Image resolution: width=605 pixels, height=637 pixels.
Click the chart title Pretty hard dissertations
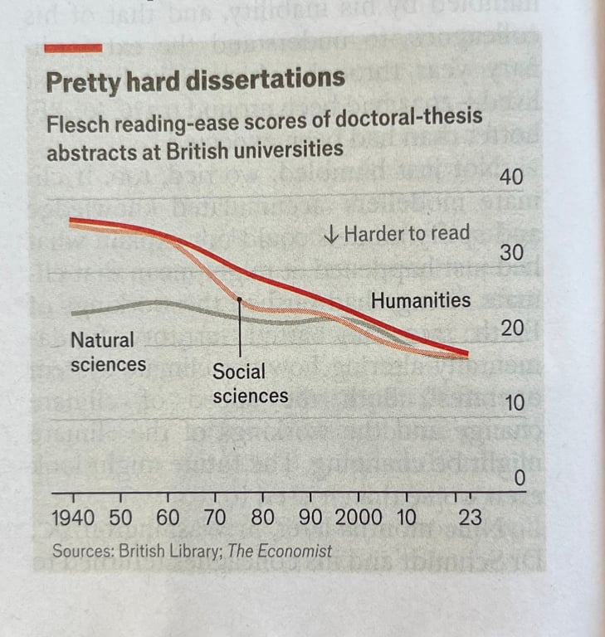click(x=195, y=80)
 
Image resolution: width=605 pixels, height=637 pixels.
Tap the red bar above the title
click(x=73, y=48)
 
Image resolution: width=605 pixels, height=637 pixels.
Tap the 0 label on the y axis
click(x=520, y=479)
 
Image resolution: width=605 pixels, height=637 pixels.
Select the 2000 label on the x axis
click(x=359, y=518)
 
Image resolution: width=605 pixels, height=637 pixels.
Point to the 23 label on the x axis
click(x=469, y=518)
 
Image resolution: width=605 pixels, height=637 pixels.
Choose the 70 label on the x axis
click(x=215, y=518)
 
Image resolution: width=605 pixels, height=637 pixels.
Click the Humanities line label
click(x=420, y=300)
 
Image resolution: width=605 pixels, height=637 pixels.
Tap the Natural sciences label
click(x=108, y=352)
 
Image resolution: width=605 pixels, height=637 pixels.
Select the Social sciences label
click(x=250, y=383)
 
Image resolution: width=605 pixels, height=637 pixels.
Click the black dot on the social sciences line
click(x=239, y=299)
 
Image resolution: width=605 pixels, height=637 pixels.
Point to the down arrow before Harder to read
click(x=330, y=235)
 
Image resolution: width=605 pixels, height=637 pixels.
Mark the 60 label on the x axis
click(x=168, y=518)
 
